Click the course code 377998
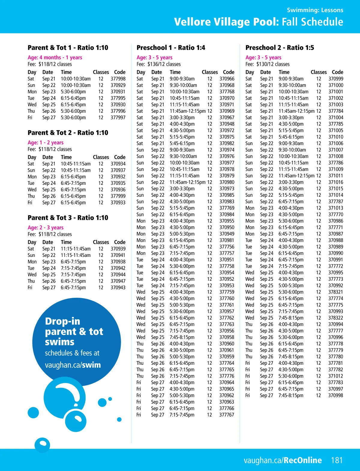[118, 79]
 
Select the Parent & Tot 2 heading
[68, 133]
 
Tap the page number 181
[337, 460]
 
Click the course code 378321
[335, 292]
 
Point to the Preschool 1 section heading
[171, 48]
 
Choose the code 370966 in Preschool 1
[227, 79]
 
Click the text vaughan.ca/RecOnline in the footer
[283, 460]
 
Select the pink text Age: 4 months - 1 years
[55, 57]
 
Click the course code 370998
[335, 395]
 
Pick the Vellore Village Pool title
[258, 22]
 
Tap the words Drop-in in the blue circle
[63, 321]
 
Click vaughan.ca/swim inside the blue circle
[73, 365]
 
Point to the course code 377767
[226, 415]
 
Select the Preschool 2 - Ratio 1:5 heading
[280, 48]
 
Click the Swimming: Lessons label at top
[315, 10]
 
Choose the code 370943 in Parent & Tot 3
[118, 288]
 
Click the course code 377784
[335, 111]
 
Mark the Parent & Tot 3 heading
[68, 218]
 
